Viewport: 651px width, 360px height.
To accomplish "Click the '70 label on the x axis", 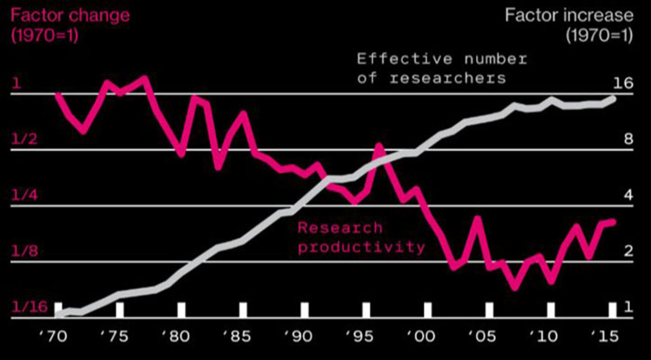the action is (53, 336).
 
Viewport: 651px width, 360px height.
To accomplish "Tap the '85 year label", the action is (237, 336).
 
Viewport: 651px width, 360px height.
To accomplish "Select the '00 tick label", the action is (421, 336).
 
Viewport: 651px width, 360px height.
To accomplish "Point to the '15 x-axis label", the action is (605, 336).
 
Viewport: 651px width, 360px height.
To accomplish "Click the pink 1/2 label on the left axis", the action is (24, 139).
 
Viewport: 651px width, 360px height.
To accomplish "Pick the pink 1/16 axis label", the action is (29, 307).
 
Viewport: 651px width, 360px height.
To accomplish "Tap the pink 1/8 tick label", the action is (24, 251).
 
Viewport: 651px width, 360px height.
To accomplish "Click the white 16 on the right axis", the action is (623, 83).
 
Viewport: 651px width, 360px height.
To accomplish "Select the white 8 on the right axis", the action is (629, 139).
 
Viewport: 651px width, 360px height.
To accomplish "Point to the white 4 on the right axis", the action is (629, 195).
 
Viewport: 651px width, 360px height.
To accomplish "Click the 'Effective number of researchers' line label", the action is (442, 69).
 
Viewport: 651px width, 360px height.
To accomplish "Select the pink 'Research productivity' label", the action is (361, 237).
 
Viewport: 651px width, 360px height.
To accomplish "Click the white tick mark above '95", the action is (366, 310).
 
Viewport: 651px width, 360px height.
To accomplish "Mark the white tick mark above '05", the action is (489, 310).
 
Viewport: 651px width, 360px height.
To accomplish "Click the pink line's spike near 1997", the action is (379, 147).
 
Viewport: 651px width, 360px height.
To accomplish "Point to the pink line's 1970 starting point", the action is (58, 95).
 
